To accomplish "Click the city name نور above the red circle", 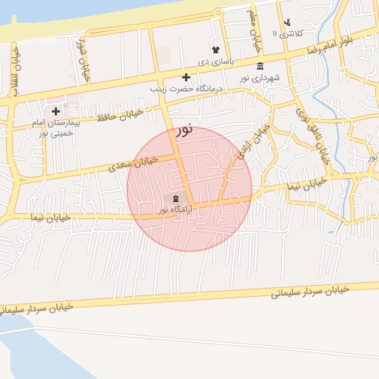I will tap(184, 131).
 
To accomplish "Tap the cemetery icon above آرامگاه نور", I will tap(175, 199).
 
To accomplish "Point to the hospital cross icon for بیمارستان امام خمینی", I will tap(56, 111).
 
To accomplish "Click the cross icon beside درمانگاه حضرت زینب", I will tap(186, 77).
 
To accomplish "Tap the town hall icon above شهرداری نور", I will tap(259, 66).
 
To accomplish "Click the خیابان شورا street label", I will tap(82, 52).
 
